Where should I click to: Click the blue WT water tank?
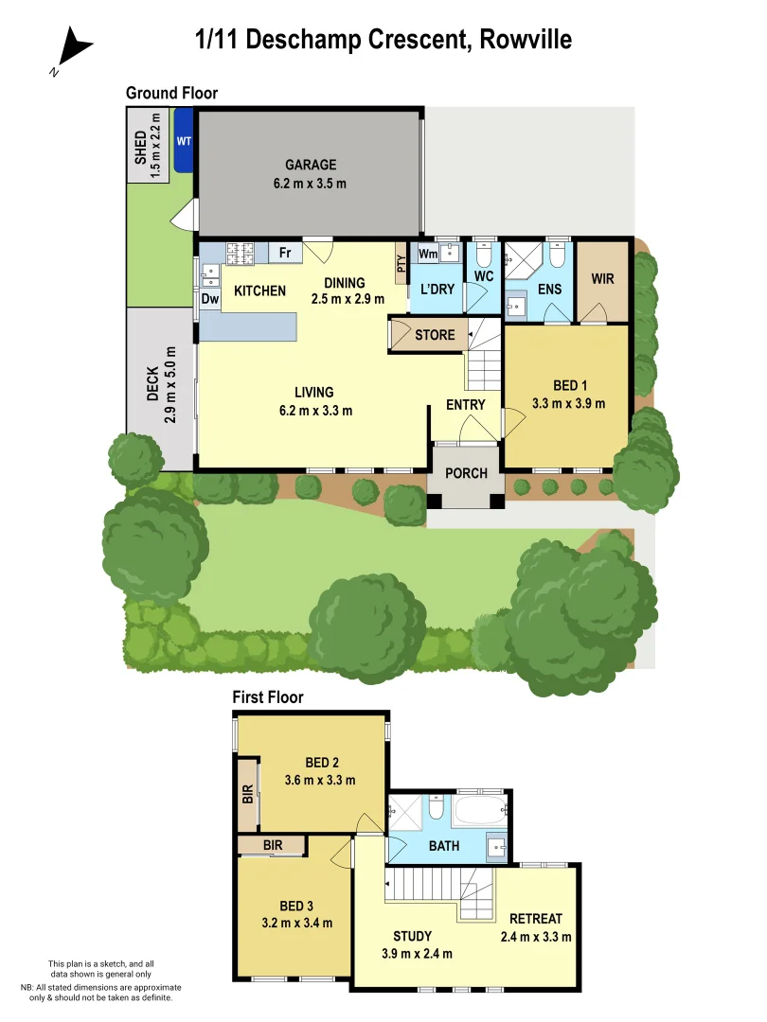coord(184,140)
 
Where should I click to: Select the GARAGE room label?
coord(311,165)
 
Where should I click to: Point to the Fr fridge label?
coord(284,253)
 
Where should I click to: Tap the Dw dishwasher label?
coord(210,299)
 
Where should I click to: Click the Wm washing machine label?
coord(428,254)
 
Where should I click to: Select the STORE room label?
coord(435,335)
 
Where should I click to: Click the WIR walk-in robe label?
coord(603,280)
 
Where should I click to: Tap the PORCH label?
coord(466,473)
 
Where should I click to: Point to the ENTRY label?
coord(466,405)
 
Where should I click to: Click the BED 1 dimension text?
coord(570,403)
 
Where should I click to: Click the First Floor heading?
coord(268,697)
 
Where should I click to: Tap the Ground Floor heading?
coord(171,93)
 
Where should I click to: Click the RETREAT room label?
coord(535,919)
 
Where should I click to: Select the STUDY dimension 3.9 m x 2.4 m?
coord(417,953)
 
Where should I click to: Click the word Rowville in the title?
coord(526,40)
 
